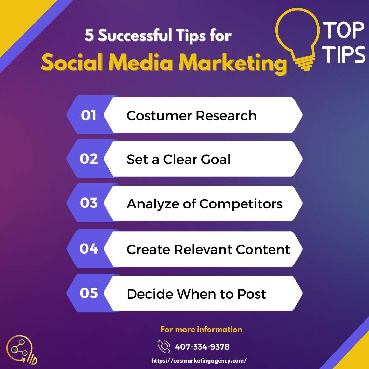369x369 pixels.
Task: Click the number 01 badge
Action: click(x=88, y=115)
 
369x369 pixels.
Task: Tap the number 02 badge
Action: click(x=89, y=159)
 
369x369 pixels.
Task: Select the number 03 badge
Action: click(x=89, y=203)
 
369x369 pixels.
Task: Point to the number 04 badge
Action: click(x=89, y=248)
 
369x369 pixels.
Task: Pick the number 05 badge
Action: click(x=89, y=293)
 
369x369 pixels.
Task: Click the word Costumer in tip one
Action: click(x=159, y=115)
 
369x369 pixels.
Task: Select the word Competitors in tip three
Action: click(x=241, y=204)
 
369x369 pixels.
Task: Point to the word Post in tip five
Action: click(x=251, y=294)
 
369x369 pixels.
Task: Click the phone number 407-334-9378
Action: click(x=202, y=347)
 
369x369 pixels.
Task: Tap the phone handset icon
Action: click(x=164, y=347)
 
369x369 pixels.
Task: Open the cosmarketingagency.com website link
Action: click(x=199, y=360)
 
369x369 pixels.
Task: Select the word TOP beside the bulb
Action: click(x=343, y=30)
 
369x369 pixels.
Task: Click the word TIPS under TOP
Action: click(x=343, y=54)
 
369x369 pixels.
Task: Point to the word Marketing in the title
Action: click(x=233, y=63)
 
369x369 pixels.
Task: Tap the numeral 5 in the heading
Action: click(x=89, y=35)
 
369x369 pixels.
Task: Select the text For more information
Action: click(x=201, y=329)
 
